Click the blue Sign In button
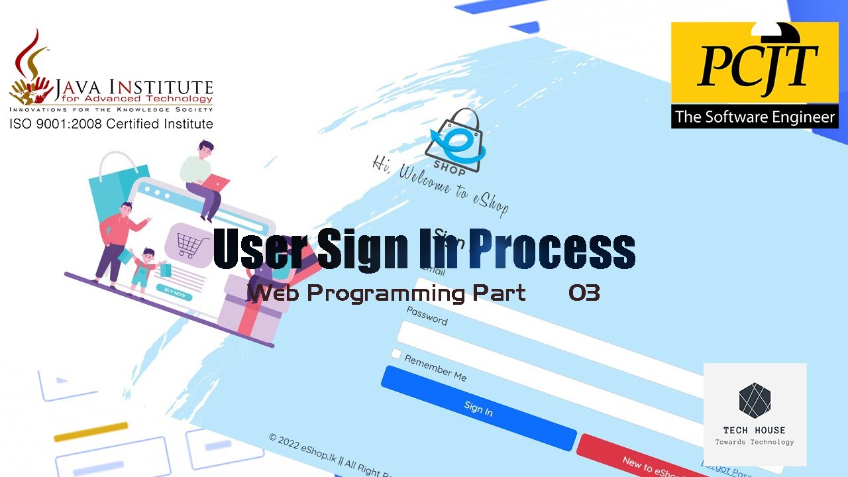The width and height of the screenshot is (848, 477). (x=478, y=409)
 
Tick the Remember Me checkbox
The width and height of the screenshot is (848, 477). (x=396, y=354)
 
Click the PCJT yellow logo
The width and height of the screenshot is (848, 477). (x=755, y=63)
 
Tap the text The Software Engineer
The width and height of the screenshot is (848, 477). (x=755, y=117)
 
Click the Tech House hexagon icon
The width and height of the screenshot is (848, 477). (x=755, y=400)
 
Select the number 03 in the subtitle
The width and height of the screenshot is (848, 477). (x=584, y=293)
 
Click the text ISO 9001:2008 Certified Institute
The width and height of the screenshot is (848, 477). (x=111, y=124)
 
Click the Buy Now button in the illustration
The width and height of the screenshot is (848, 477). (x=174, y=291)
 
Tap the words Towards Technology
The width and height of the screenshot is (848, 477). (x=755, y=442)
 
